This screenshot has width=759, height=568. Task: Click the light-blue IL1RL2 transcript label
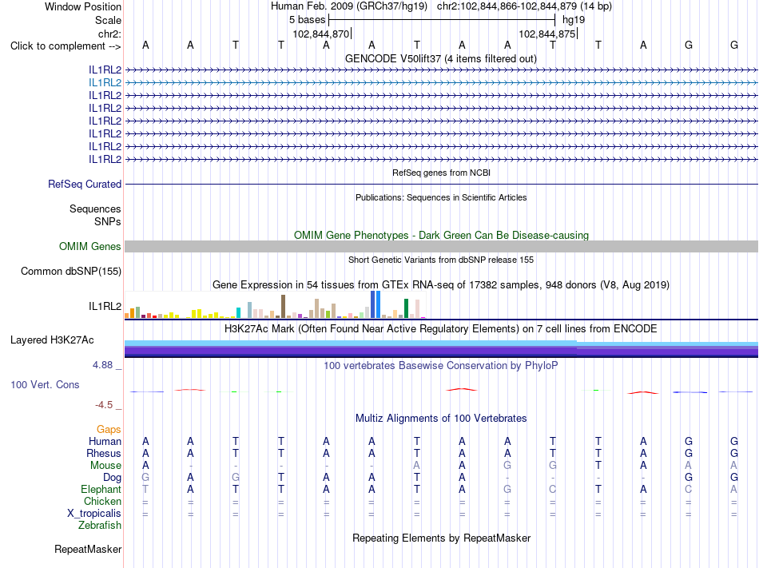[105, 83]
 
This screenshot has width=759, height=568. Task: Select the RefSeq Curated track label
[85, 184]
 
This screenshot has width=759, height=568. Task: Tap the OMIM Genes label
[90, 246]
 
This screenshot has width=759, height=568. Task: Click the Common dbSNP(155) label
[71, 271]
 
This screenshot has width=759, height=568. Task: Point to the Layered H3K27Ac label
[52, 340]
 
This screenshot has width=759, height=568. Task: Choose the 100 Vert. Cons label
[45, 384]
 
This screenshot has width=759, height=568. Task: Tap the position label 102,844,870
[321, 34]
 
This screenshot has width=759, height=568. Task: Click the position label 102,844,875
[547, 34]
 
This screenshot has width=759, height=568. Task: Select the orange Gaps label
[109, 429]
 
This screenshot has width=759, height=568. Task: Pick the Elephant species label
[101, 489]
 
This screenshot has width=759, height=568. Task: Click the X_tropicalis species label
[94, 514]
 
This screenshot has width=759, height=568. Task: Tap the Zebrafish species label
[100, 525]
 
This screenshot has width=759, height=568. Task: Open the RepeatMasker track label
[88, 549]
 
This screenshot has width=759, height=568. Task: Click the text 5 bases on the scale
[308, 20]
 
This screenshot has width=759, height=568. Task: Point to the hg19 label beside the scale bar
[574, 20]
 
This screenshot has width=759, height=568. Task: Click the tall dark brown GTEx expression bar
[283, 306]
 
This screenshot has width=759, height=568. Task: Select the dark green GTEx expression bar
[406, 308]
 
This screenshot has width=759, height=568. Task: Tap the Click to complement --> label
[66, 46]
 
